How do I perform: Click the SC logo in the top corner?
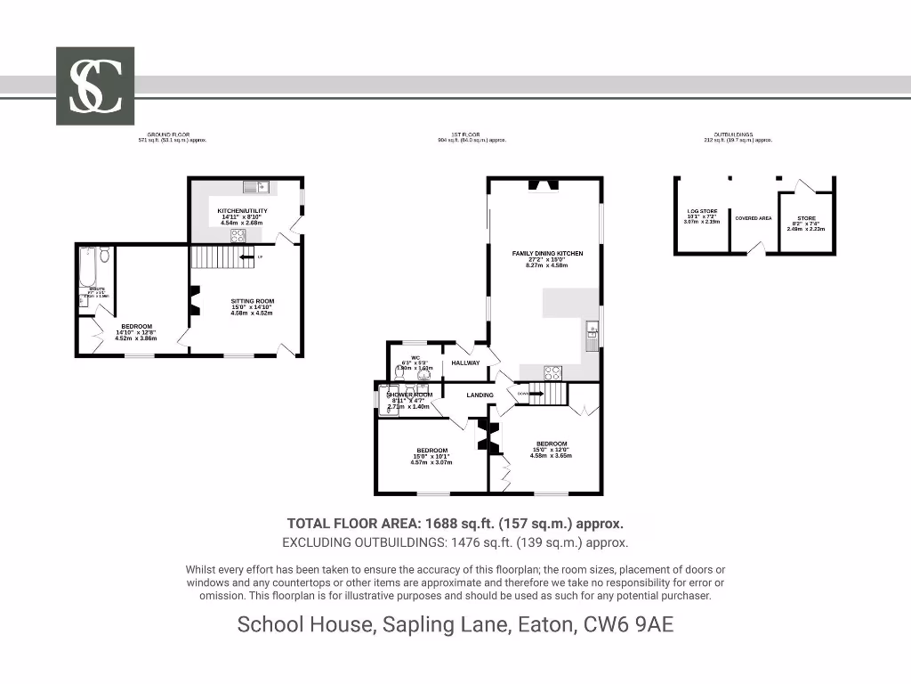(x=95, y=86)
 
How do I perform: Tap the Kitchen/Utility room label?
(x=242, y=211)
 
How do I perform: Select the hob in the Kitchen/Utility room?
(x=238, y=236)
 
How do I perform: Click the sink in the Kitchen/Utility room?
(x=255, y=187)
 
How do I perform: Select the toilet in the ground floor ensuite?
(x=105, y=256)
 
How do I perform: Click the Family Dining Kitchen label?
(x=547, y=254)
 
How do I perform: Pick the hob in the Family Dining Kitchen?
(x=552, y=373)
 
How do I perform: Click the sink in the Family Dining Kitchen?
(x=592, y=334)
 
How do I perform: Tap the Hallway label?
(x=465, y=362)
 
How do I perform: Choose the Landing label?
(x=480, y=395)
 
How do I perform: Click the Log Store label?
(x=702, y=212)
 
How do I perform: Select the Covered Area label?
(x=754, y=218)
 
